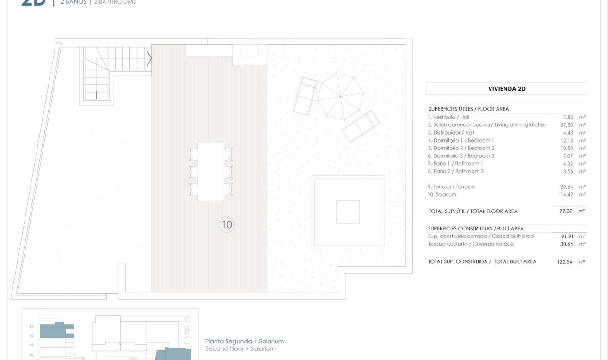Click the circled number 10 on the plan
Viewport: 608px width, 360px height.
click(227, 225)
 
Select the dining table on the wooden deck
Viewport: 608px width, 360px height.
click(211, 172)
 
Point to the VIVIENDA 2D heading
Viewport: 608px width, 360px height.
click(507, 89)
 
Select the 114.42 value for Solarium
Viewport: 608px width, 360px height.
click(565, 195)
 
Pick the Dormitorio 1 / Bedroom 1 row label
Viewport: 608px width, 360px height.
click(461, 140)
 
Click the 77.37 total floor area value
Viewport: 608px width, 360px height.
click(566, 211)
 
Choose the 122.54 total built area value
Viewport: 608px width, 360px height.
click(565, 262)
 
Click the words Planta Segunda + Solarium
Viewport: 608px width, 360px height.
click(245, 341)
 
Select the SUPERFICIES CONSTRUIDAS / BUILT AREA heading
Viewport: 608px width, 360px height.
click(476, 229)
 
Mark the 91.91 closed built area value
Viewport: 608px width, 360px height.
click(567, 236)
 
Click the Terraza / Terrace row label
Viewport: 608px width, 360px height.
click(451, 187)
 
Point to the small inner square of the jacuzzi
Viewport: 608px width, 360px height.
click(348, 212)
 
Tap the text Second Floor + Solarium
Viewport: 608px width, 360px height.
click(240, 349)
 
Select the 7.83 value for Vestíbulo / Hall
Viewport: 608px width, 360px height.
click(568, 117)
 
